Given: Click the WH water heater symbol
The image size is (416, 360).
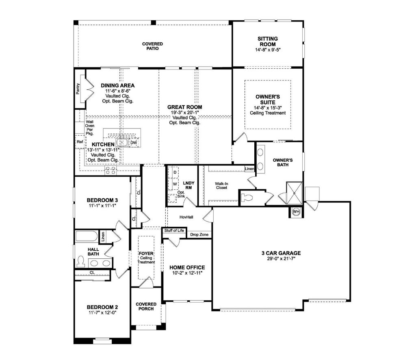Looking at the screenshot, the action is (296, 212).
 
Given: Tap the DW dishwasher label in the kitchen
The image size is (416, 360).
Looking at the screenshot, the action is (134, 143).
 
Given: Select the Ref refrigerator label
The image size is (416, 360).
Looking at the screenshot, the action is (80, 142).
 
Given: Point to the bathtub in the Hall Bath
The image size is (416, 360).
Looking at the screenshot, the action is (87, 236).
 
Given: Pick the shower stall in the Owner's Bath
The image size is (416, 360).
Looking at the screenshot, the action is (294, 193).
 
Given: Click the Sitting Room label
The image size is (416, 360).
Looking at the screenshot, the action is (268, 41).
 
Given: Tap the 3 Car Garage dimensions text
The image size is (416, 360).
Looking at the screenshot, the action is (281, 258).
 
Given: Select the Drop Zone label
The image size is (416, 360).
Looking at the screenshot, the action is (199, 234).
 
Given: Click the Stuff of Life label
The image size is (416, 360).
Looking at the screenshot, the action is (174, 230).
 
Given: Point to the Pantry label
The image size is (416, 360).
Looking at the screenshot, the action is (78, 89).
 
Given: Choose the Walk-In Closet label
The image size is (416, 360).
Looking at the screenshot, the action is (221, 185).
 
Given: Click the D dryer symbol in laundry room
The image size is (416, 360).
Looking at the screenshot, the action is (175, 172).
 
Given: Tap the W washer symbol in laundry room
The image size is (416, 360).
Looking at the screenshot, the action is (175, 184).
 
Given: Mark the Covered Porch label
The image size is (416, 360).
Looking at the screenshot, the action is (146, 306).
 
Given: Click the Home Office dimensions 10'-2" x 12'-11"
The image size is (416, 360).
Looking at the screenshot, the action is (187, 273).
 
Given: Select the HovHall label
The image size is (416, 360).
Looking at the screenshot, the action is (186, 217).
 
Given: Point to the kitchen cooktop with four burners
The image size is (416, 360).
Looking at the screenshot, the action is (111, 171).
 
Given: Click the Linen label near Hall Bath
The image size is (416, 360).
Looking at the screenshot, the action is (103, 236).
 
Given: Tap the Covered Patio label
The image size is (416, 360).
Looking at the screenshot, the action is (153, 46).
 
